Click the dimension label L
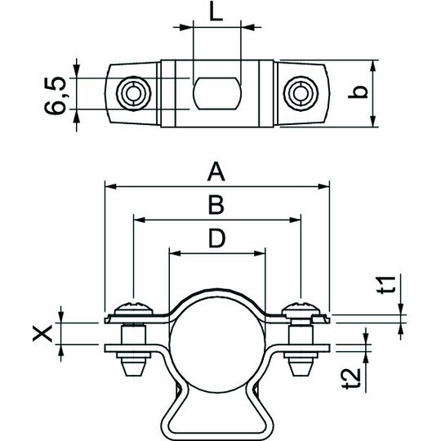tap(216, 12)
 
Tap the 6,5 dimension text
tap(56, 96)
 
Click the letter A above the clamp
tap(216, 172)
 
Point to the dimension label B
tap(216, 205)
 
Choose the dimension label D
tap(216, 238)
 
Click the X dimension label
tap(42, 333)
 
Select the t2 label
tap(350, 378)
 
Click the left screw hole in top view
tap(134, 93)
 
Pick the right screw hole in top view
tap(301, 93)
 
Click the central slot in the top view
tap(217, 93)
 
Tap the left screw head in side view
tap(134, 309)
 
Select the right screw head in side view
tap(301, 309)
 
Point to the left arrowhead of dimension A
tap(110, 186)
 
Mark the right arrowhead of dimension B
tap(295, 220)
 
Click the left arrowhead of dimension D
tap(175, 253)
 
